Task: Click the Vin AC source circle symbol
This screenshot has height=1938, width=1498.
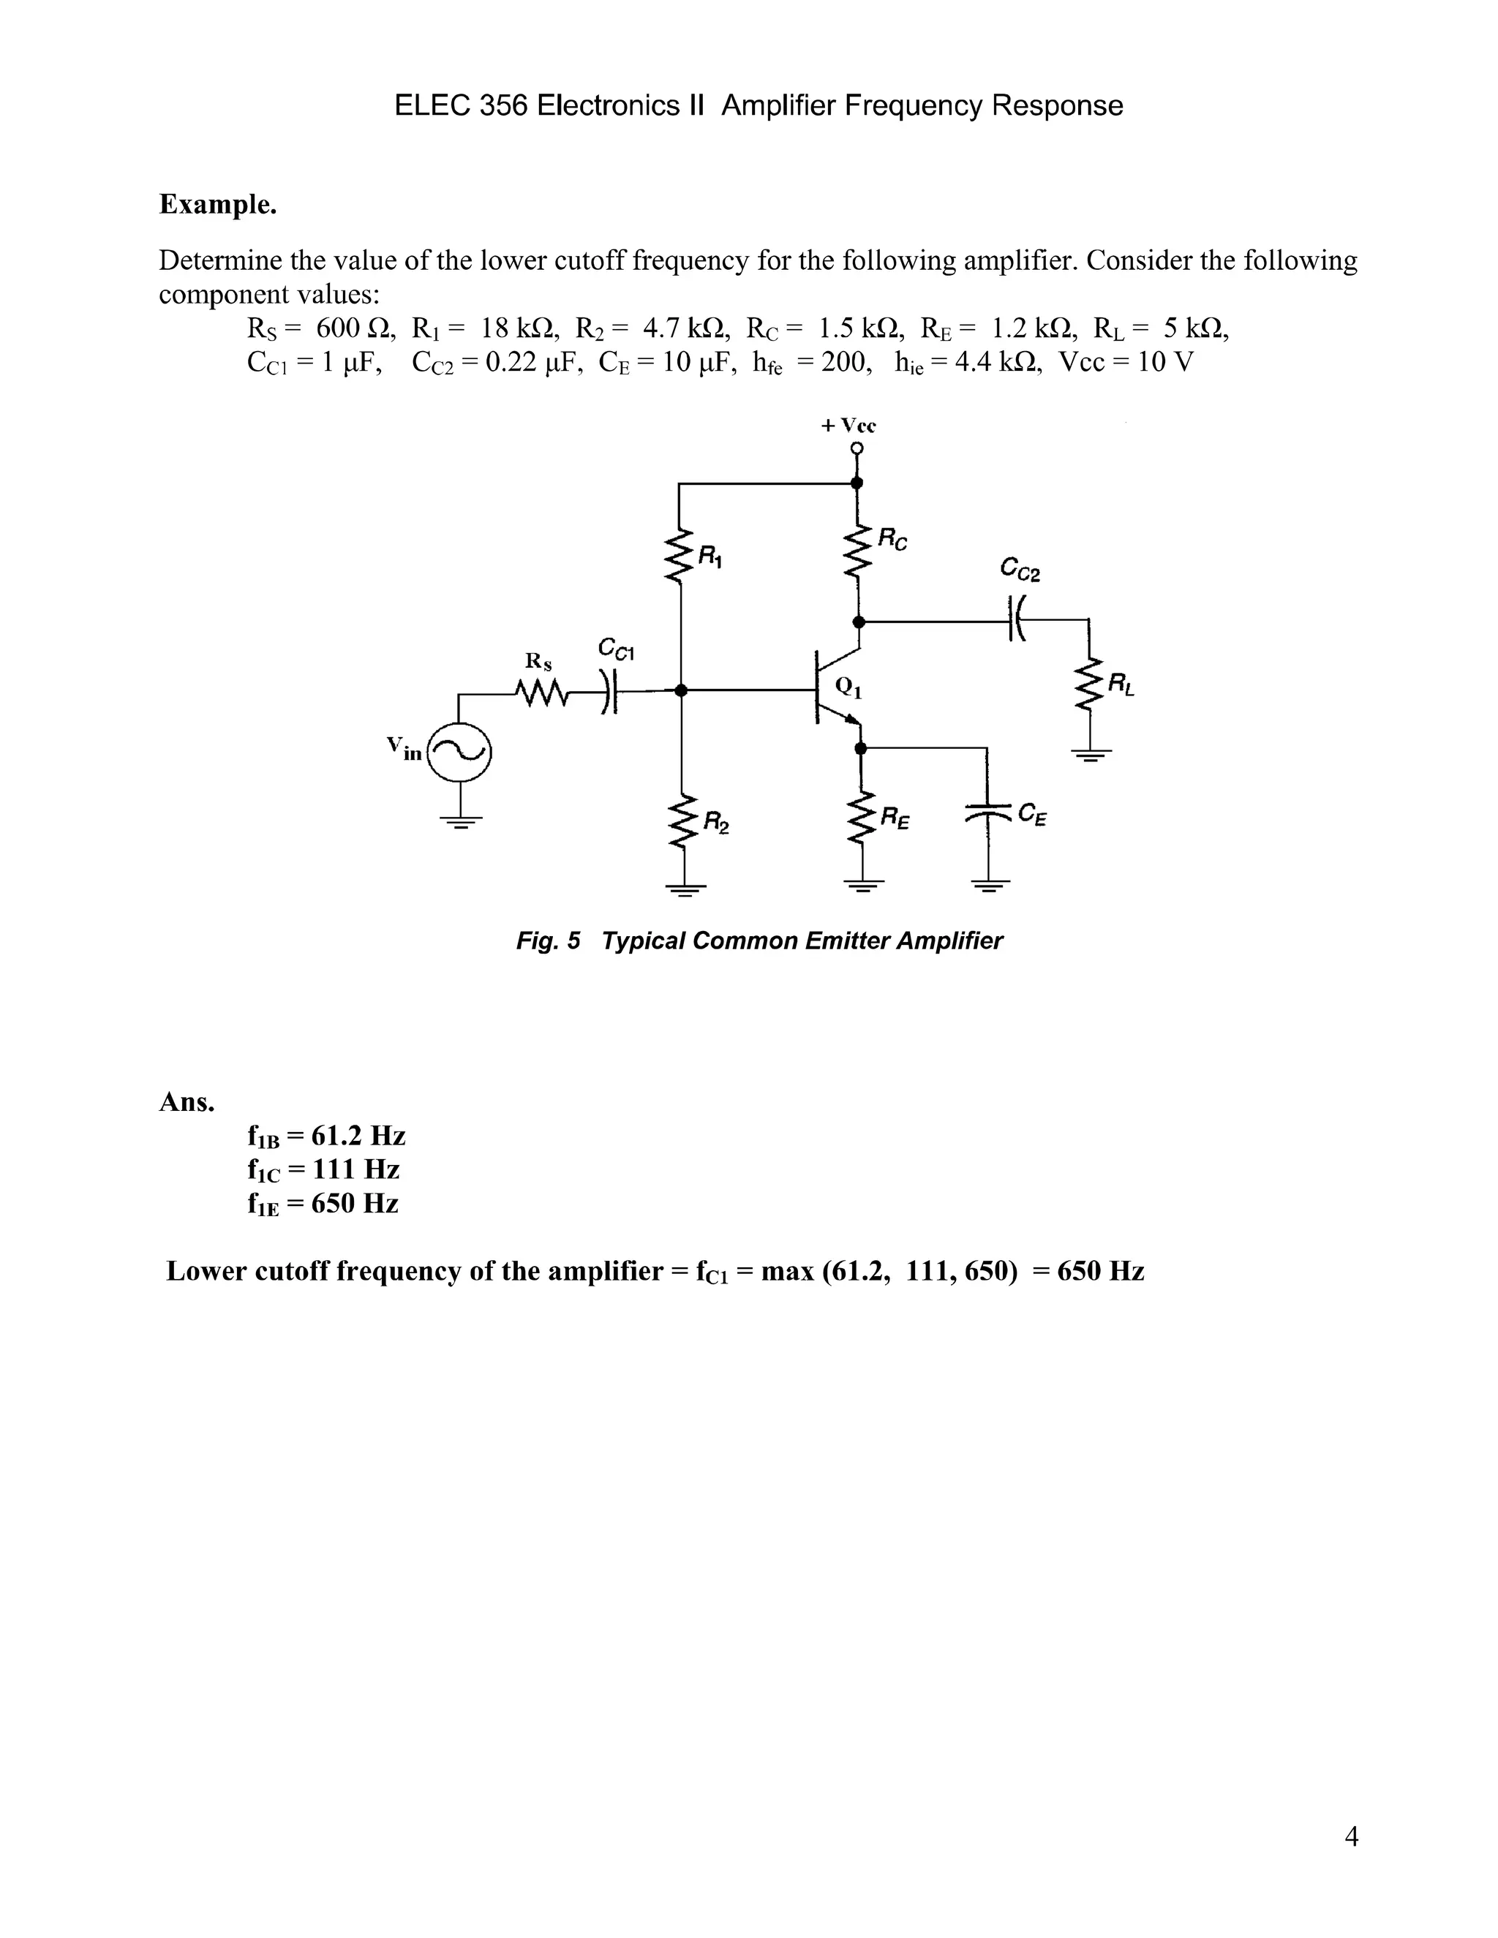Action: coord(459,753)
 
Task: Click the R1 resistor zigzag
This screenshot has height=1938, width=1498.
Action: coord(681,557)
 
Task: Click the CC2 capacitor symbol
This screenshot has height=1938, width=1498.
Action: coord(1016,619)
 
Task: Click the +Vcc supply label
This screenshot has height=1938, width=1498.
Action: coord(848,425)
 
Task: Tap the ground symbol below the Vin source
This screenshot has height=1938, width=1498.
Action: coord(459,821)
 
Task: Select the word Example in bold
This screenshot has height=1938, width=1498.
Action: coord(217,204)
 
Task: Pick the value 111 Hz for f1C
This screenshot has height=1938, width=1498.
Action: coord(356,1169)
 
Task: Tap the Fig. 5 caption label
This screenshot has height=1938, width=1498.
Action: coord(548,940)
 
